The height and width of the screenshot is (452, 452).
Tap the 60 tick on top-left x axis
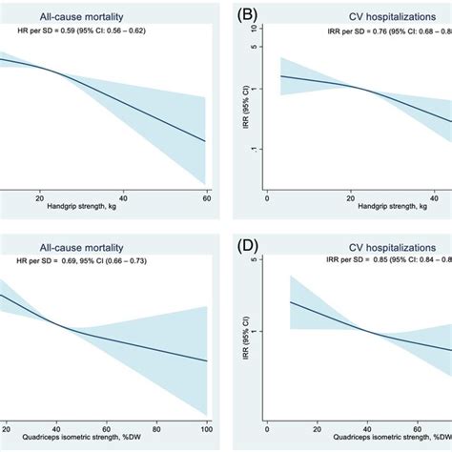pos(206,195)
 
